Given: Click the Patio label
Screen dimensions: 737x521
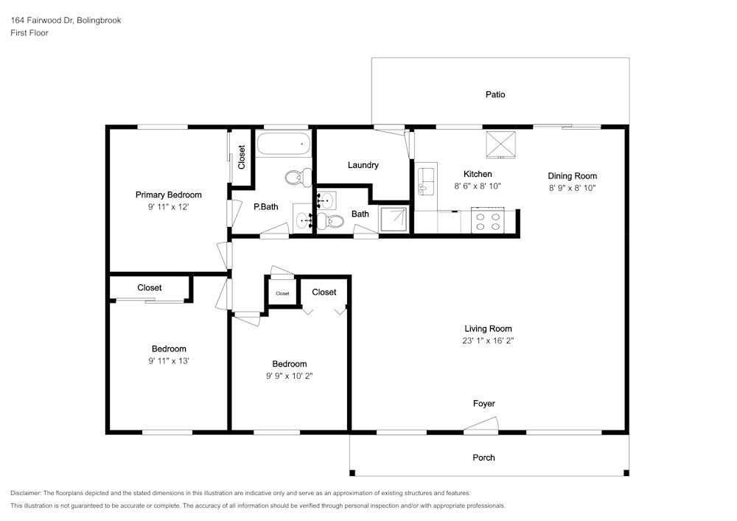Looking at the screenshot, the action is click(x=495, y=94).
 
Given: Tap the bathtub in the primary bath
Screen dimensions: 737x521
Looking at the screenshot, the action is click(x=284, y=144).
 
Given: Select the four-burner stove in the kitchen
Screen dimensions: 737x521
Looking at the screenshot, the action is click(x=487, y=220).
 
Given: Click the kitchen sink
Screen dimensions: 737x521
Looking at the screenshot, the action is click(x=427, y=181).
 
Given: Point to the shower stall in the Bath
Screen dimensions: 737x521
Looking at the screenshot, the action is click(x=394, y=220).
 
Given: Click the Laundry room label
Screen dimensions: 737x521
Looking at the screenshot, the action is click(x=363, y=165).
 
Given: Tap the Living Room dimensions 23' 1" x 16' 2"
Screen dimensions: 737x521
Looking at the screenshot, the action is click(x=488, y=340).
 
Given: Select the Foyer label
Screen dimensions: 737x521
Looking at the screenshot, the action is click(x=483, y=403).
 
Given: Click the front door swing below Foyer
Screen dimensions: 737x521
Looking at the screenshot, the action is click(x=481, y=426).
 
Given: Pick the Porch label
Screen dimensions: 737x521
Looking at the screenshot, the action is click(x=483, y=458).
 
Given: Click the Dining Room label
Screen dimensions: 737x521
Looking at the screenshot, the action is click(x=572, y=175).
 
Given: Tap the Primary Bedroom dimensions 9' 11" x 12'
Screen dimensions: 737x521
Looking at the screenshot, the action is click(x=168, y=207).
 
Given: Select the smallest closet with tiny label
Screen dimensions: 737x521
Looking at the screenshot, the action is click(x=282, y=293).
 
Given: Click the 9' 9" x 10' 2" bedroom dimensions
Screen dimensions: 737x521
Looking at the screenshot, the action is click(x=289, y=376).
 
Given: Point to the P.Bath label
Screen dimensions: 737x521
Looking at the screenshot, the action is click(x=265, y=207).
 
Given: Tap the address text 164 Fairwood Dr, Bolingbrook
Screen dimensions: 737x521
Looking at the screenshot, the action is click(x=66, y=20).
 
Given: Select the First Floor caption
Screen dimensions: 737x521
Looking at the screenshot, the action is click(x=29, y=33).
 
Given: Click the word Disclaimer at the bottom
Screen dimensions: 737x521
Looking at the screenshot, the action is click(x=25, y=493).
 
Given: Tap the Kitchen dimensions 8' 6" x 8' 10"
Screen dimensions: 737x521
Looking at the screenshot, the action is click(x=478, y=186).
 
